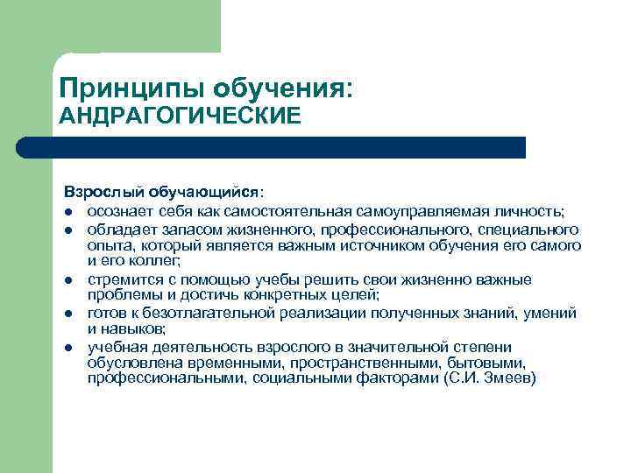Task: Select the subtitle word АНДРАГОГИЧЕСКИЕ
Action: pos(179,116)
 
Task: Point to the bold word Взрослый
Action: pos(103,191)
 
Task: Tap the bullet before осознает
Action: pos(67,212)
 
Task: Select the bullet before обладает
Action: pos(67,229)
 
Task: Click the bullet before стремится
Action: pos(67,279)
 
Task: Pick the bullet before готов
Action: pos(67,313)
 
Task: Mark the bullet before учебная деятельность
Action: pos(67,347)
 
